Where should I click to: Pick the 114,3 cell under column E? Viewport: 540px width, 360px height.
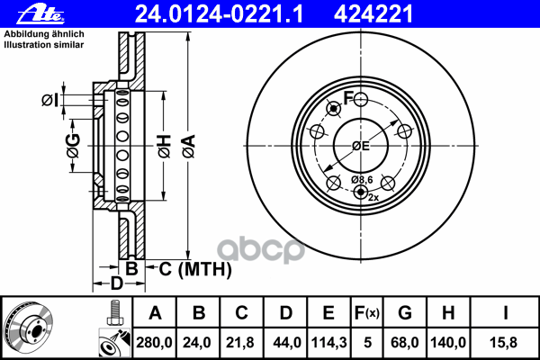click(x=328, y=341)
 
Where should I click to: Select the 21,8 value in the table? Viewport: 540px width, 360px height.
click(x=242, y=341)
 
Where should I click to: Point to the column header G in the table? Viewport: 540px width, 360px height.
click(x=404, y=313)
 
